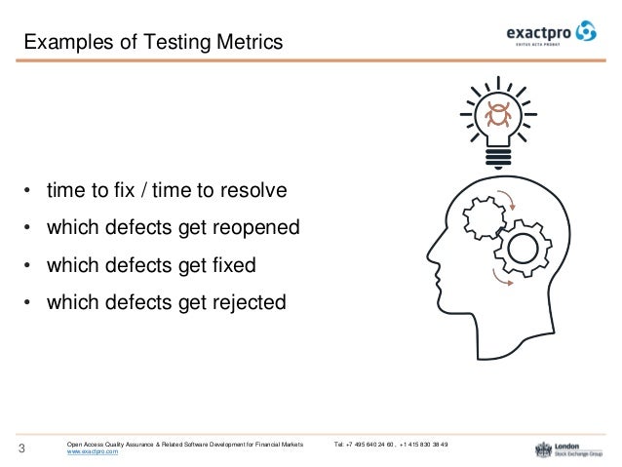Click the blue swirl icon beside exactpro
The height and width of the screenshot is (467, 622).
click(x=587, y=32)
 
